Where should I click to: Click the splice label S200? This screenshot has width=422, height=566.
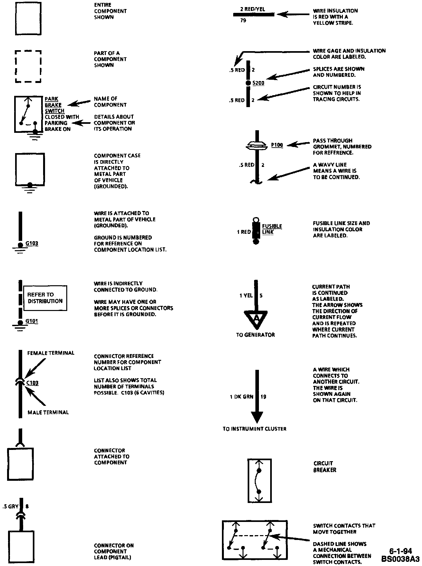pyautogui.click(x=258, y=83)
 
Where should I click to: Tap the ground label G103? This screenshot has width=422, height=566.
pyautogui.click(x=32, y=243)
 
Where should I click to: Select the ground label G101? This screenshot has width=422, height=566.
pyautogui.click(x=32, y=321)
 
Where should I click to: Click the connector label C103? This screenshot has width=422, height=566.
pyautogui.click(x=32, y=383)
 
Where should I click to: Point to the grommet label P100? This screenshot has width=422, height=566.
pyautogui.click(x=277, y=145)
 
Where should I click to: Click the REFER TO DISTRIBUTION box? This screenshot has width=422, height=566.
pyautogui.click(x=45, y=298)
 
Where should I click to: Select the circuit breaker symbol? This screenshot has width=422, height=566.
pyautogui.click(x=259, y=481)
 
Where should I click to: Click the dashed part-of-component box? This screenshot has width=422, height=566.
pyautogui.click(x=28, y=66)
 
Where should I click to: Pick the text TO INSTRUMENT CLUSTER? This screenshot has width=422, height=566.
pyautogui.click(x=254, y=429)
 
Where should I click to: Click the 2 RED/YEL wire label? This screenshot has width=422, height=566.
pyautogui.click(x=252, y=9)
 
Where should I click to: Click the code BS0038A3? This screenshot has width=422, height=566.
pyautogui.click(x=400, y=558)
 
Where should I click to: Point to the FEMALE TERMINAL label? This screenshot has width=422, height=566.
pyautogui.click(x=50, y=353)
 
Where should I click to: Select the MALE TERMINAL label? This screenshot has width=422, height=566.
pyautogui.click(x=48, y=412)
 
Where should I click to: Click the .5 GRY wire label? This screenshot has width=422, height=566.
pyautogui.click(x=10, y=507)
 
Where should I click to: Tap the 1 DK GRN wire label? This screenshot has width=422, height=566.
pyautogui.click(x=241, y=397)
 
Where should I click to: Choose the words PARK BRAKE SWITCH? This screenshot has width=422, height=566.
pyautogui.click(x=54, y=105)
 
